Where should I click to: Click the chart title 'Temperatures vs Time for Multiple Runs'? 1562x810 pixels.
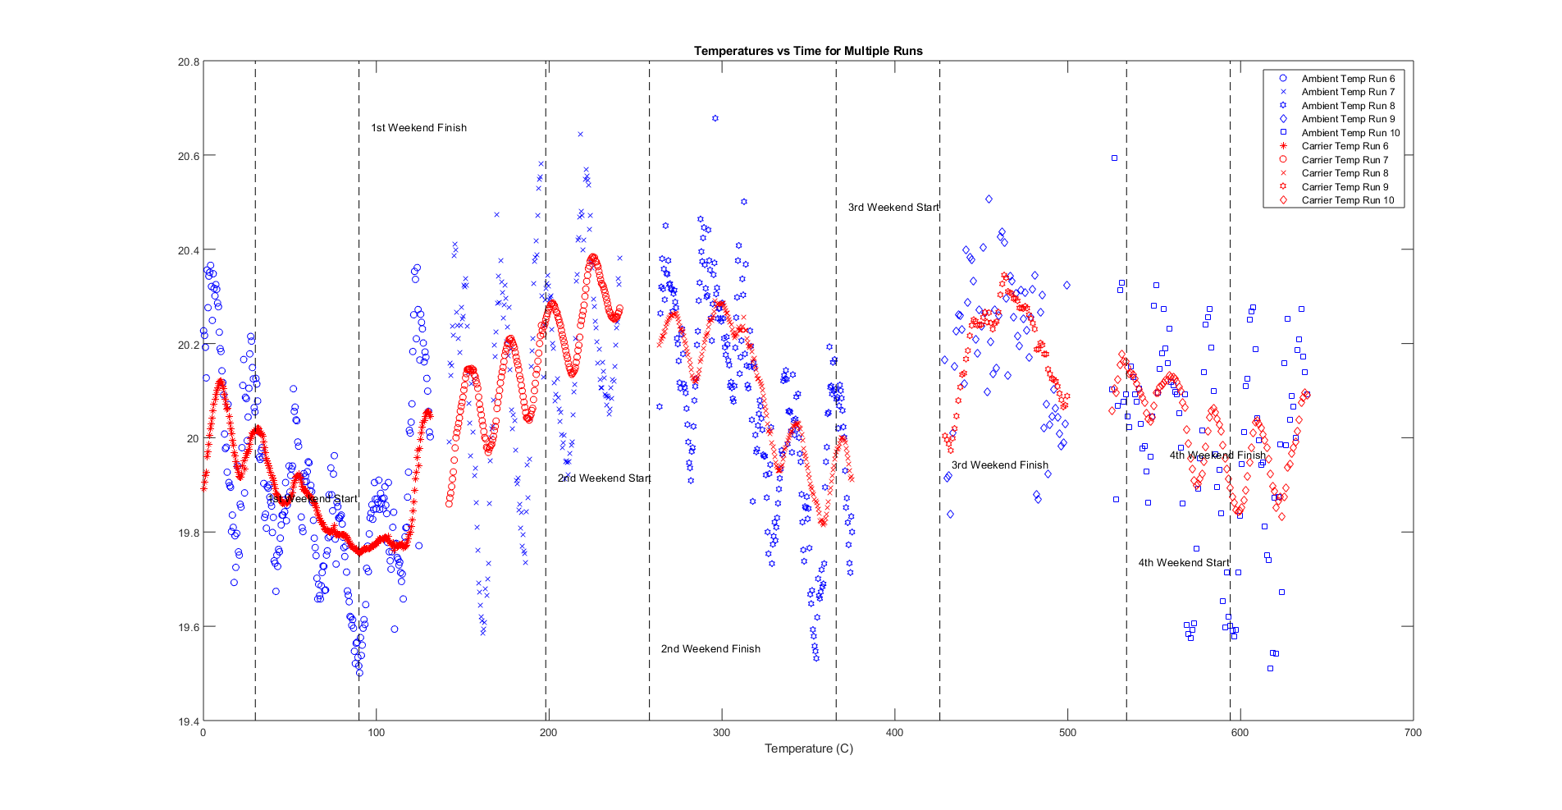coord(808,51)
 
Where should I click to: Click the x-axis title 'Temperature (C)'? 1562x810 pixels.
coord(808,748)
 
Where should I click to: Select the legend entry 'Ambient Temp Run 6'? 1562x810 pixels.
coord(1348,79)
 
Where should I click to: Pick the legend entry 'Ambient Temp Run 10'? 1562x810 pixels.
coord(1350,133)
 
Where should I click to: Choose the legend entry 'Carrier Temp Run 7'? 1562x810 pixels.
coord(1345,160)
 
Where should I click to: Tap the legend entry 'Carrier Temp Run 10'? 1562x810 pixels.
coord(1347,200)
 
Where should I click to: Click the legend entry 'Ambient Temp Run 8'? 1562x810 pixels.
coord(1348,106)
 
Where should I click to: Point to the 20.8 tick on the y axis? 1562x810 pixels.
coord(189,62)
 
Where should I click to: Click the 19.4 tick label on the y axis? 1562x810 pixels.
coord(189,721)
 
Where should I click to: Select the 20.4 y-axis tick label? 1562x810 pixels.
coord(189,250)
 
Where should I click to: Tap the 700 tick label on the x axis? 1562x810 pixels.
coord(1413,733)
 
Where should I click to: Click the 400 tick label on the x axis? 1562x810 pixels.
coord(894,733)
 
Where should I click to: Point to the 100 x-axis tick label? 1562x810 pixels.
coord(376,733)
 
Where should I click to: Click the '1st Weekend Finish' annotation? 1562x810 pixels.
coord(418,128)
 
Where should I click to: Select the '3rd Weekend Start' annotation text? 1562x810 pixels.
coord(893,208)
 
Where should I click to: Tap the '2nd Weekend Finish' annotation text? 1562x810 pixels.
coord(710,649)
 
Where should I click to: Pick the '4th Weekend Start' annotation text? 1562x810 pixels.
coord(1183,563)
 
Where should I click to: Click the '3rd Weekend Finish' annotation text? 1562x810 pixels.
coord(999,465)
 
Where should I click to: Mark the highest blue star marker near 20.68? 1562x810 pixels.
coord(715,118)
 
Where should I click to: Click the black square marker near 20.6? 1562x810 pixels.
coord(1114,158)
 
